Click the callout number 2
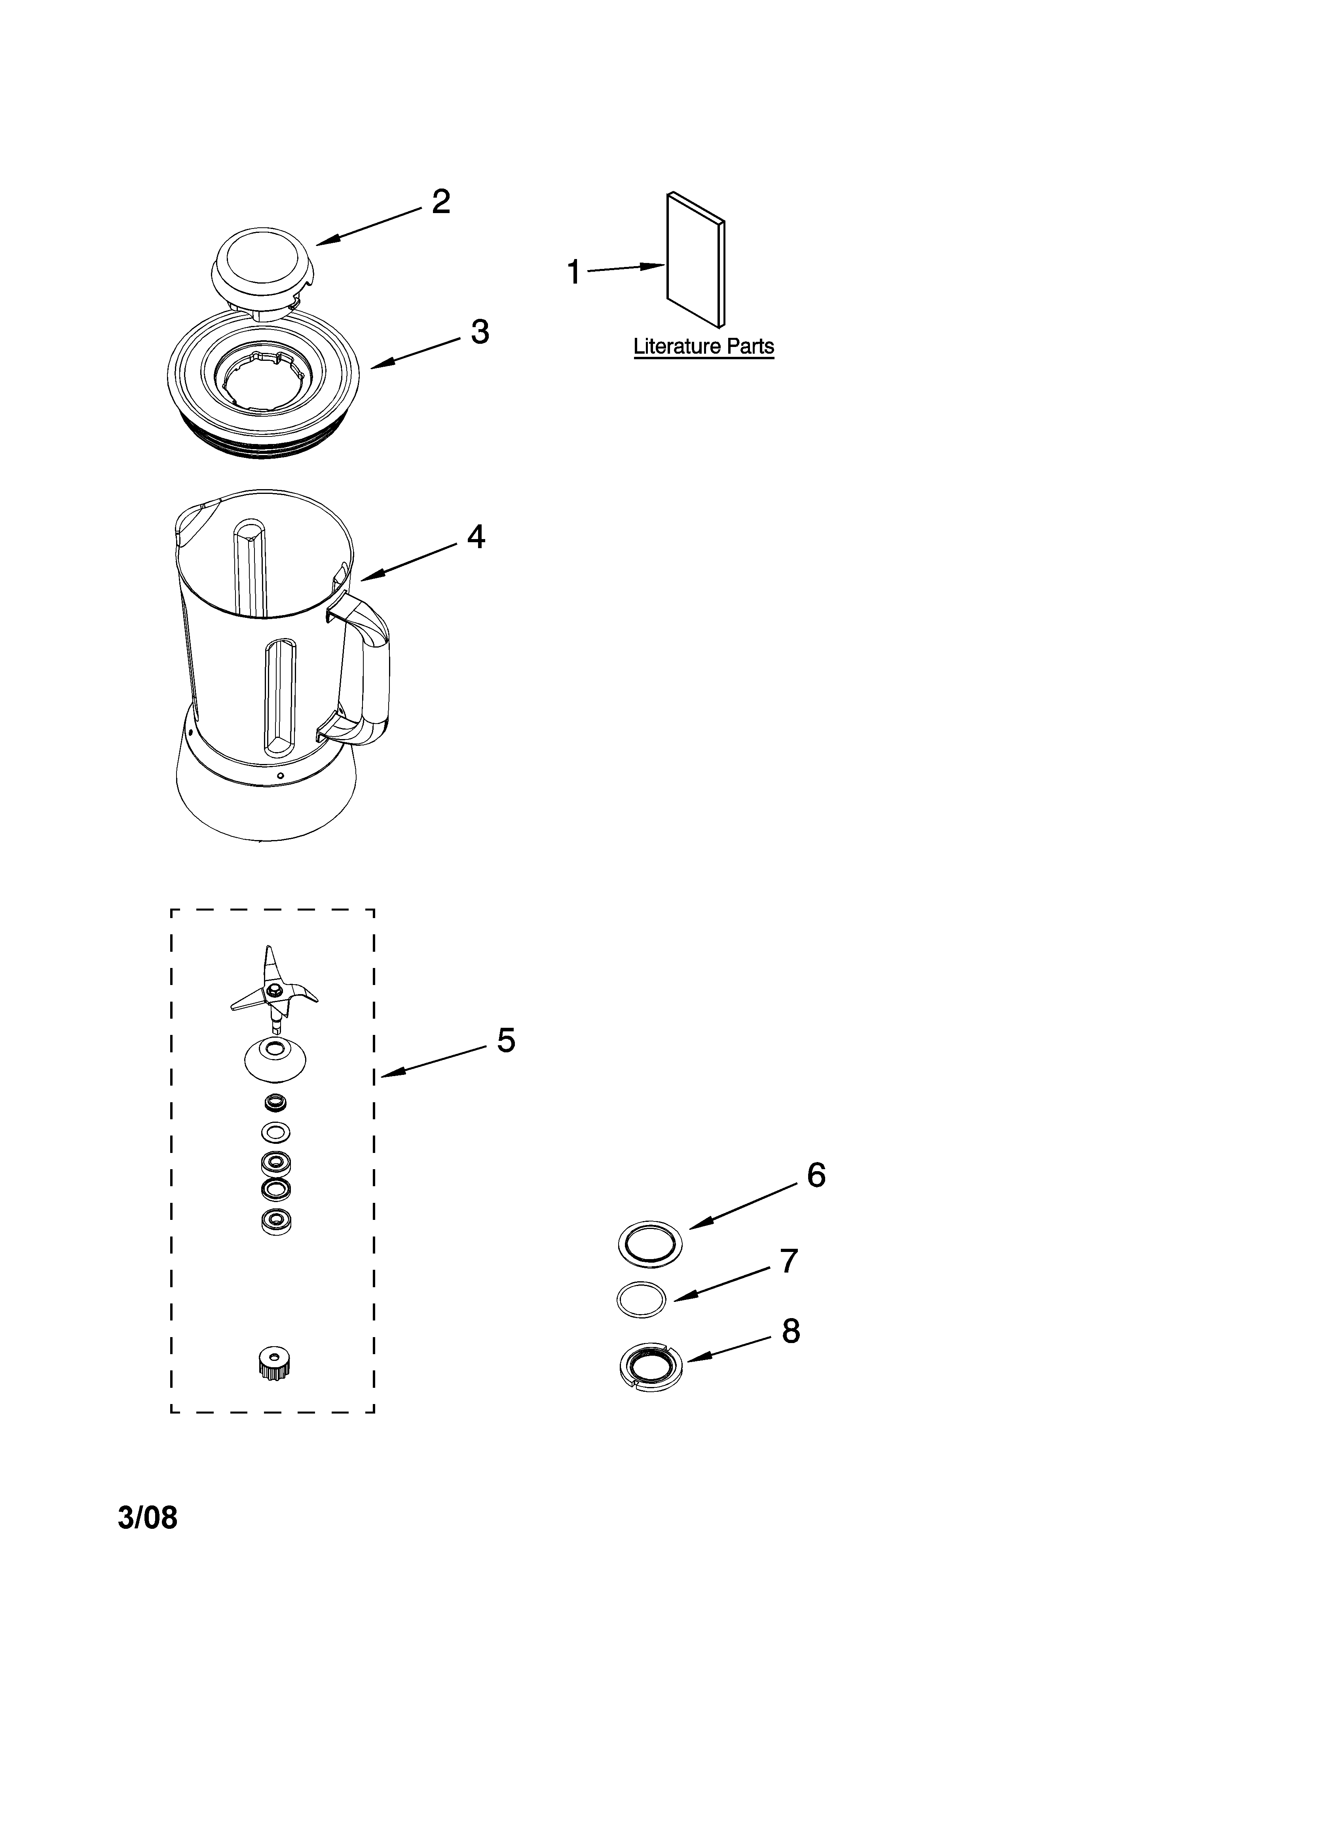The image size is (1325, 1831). [440, 201]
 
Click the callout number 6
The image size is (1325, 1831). [816, 1176]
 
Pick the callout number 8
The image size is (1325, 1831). [791, 1331]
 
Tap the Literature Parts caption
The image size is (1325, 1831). [704, 346]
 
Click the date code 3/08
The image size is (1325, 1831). [148, 1518]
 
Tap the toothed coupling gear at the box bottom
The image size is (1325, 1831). [274, 1364]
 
